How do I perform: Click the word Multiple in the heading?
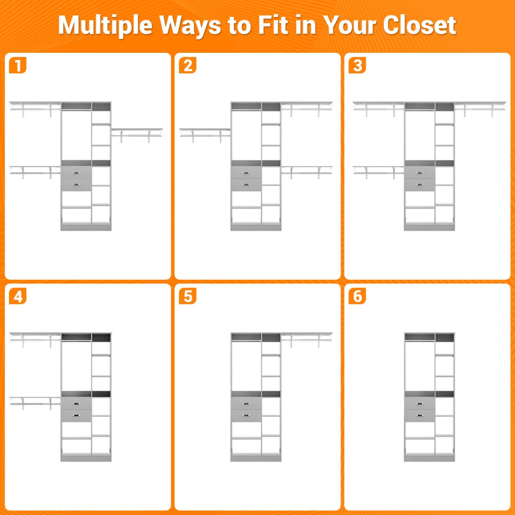(105, 26)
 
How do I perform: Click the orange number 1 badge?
(18, 65)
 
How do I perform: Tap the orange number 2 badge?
(188, 65)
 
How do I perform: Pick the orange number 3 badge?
(357, 65)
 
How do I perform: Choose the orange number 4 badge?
(18, 296)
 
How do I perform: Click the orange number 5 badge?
(188, 296)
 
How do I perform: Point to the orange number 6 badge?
(357, 296)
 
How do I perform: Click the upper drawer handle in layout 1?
(76, 173)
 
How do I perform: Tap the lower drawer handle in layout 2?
(246, 185)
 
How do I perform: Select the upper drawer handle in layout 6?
(420, 404)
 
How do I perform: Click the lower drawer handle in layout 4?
(76, 415)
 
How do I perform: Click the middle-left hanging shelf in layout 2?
(205, 135)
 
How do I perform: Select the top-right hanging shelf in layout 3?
(480, 109)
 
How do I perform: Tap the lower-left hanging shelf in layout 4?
(35, 403)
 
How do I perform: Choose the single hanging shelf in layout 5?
(306, 339)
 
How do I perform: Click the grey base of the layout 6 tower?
(429, 458)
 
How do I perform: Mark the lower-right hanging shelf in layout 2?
(306, 173)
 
